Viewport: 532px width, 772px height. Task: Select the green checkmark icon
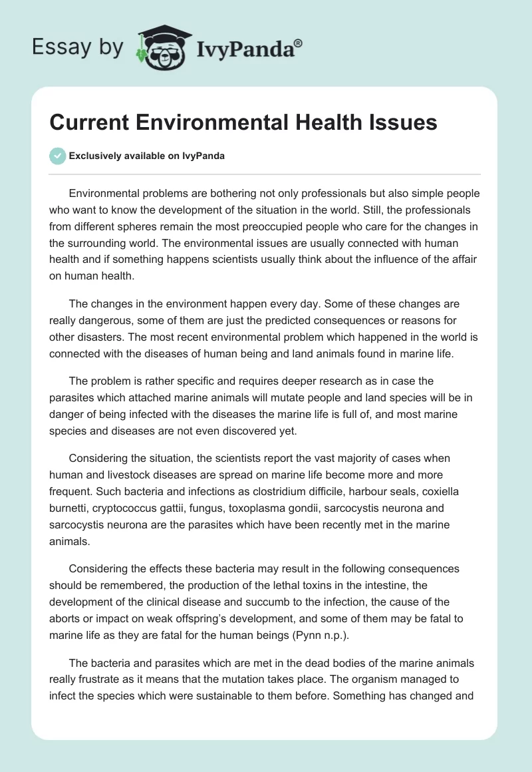coord(58,156)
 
